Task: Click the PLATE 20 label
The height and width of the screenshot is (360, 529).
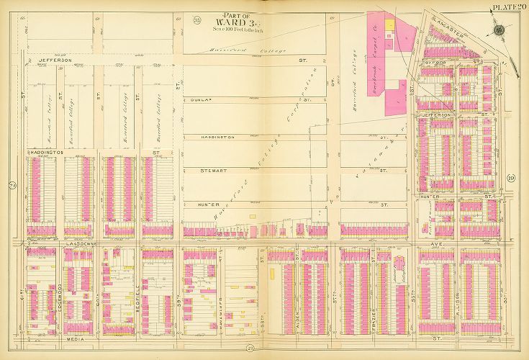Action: tap(508, 7)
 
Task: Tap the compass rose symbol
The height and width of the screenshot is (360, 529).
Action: tap(499, 30)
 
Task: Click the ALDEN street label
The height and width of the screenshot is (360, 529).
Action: tap(297, 288)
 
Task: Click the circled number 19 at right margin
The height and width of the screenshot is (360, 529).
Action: tap(510, 179)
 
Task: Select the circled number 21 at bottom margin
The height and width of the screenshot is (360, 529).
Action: tap(248, 349)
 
